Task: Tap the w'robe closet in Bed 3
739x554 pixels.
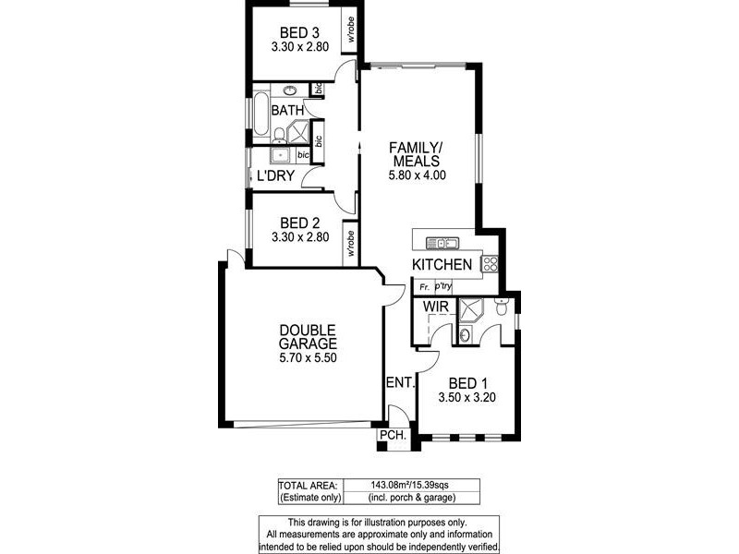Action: [351, 30]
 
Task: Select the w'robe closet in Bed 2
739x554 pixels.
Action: [350, 243]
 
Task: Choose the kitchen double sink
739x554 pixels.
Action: [442, 244]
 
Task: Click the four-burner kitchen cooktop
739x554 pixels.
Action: [491, 263]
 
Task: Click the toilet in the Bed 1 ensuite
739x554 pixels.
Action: [500, 309]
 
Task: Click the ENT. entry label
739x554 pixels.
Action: [401, 380]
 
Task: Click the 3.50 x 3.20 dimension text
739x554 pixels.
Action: [469, 399]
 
